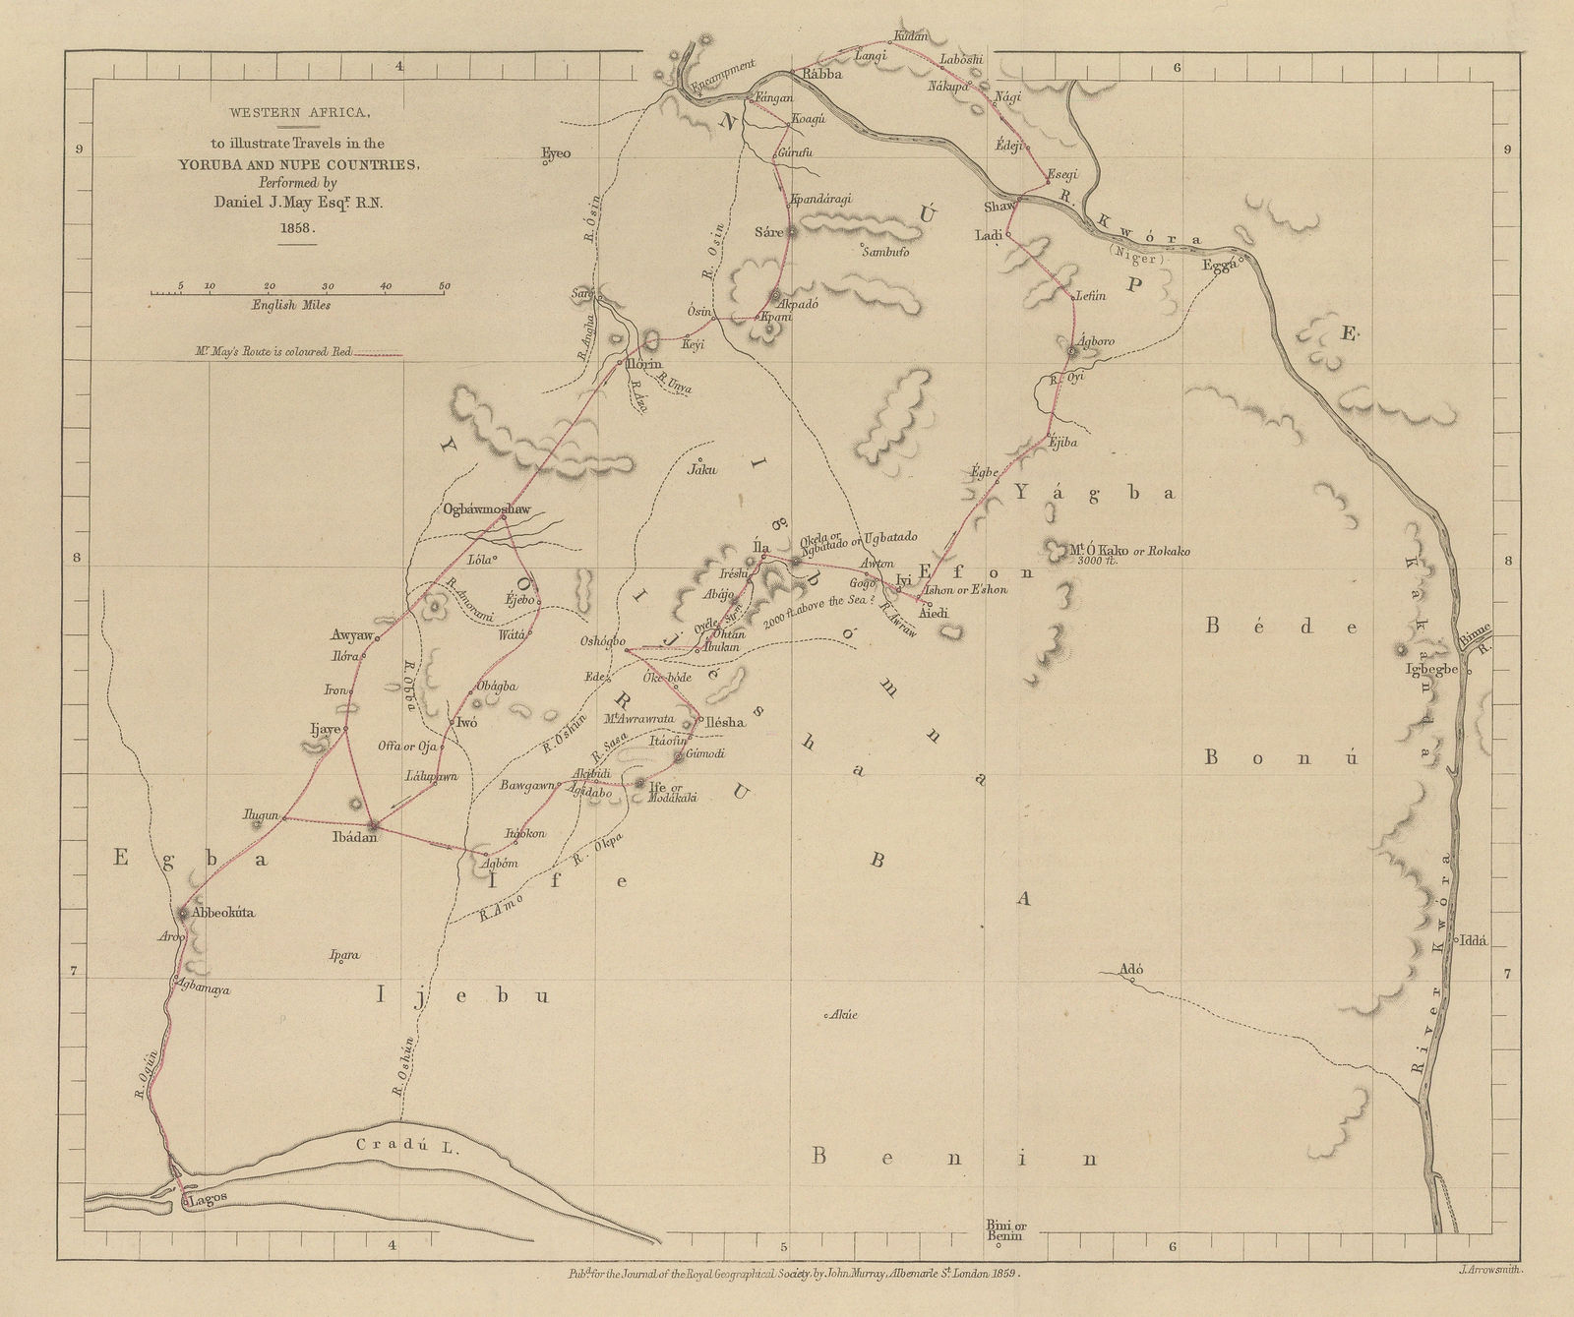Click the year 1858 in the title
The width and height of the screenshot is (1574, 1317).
click(292, 227)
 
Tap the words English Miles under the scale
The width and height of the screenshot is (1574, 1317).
click(290, 305)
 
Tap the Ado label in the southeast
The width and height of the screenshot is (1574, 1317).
click(1132, 967)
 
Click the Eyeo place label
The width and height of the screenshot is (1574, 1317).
click(556, 153)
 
